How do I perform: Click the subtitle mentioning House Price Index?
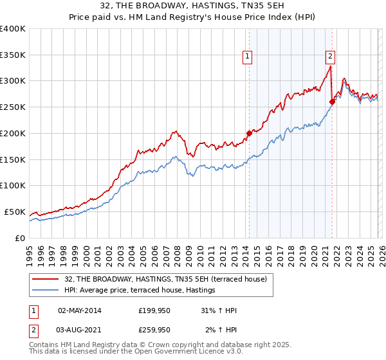point(192,18)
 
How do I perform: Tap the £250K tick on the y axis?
point(13,107)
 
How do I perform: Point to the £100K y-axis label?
point(13,185)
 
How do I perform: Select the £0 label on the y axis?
point(20,238)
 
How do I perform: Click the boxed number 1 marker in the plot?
point(248,57)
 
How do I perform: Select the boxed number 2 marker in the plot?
point(330,57)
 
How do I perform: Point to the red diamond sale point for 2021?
point(332,101)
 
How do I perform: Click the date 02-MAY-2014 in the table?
point(80,310)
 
